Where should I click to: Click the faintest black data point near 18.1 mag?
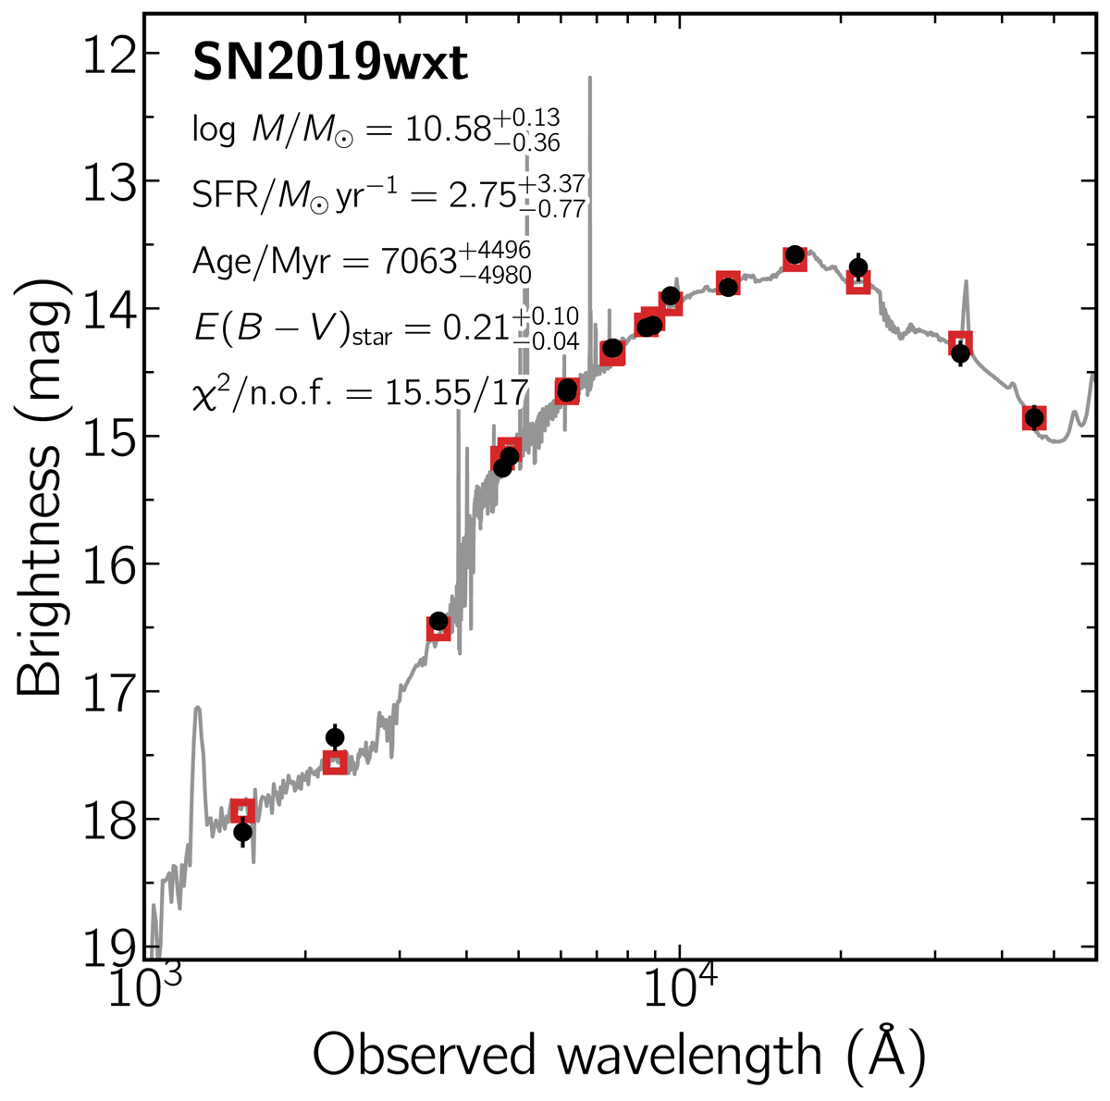pos(242,832)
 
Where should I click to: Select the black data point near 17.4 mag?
pos(335,737)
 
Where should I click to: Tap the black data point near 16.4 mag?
pos(438,621)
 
